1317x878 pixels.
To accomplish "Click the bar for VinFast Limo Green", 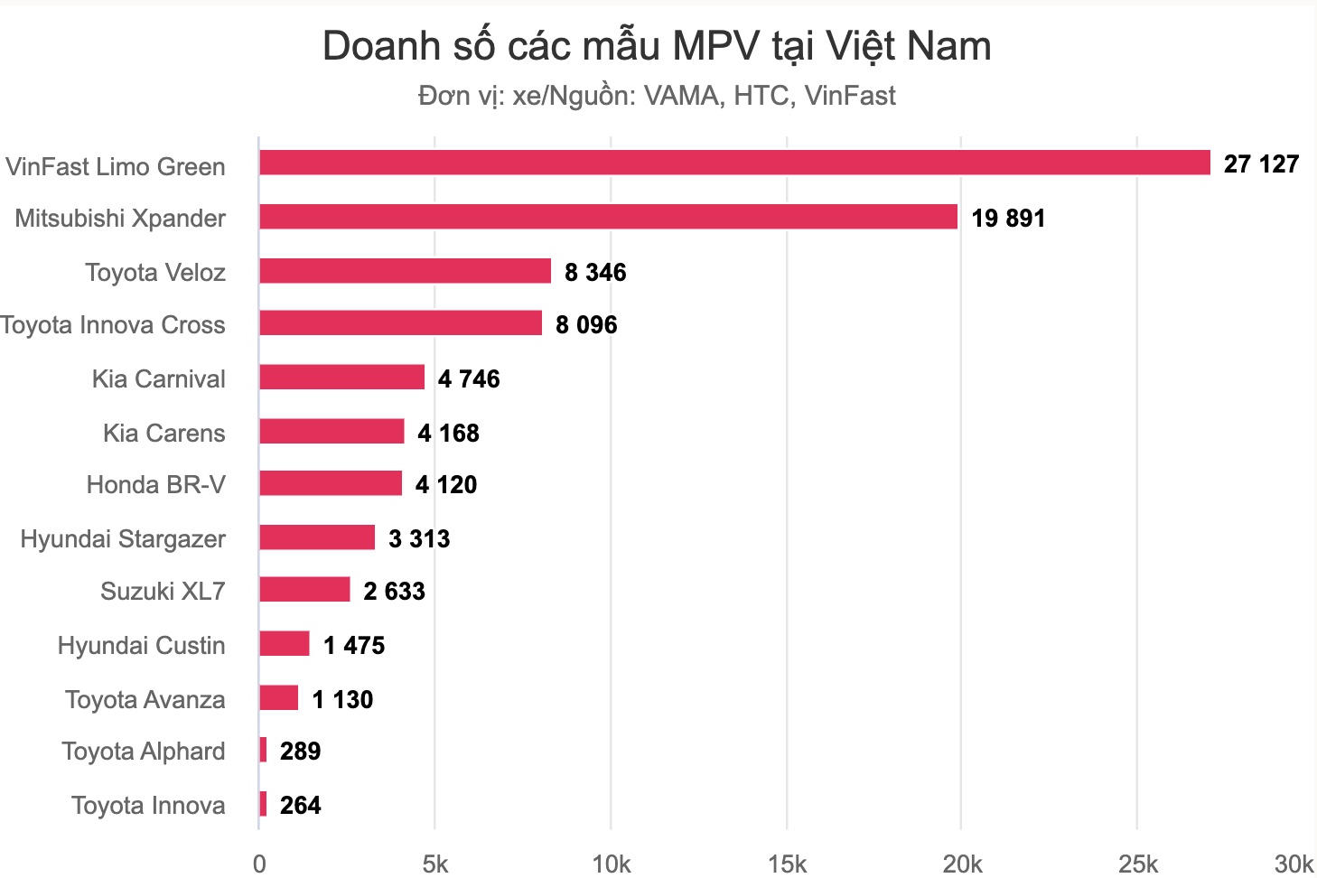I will click(733, 163).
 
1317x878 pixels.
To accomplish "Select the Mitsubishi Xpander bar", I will click(607, 217).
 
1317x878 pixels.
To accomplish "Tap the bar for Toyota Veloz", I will click(405, 271).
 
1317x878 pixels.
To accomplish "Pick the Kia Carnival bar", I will click(341, 378).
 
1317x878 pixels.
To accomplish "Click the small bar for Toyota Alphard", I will click(263, 750).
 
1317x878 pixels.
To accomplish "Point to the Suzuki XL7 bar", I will click(304, 590).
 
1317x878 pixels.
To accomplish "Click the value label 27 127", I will click(1261, 164).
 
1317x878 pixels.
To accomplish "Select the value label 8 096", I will click(586, 325).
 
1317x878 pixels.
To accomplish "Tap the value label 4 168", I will click(448, 434).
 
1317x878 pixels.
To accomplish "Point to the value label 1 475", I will click(354, 646).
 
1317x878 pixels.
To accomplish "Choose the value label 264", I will click(300, 806).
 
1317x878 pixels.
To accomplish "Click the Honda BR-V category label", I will click(155, 485).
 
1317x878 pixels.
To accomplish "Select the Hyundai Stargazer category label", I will click(123, 539).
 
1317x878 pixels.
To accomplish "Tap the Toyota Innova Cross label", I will click(113, 325).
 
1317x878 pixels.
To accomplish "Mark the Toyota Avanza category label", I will click(145, 700).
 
